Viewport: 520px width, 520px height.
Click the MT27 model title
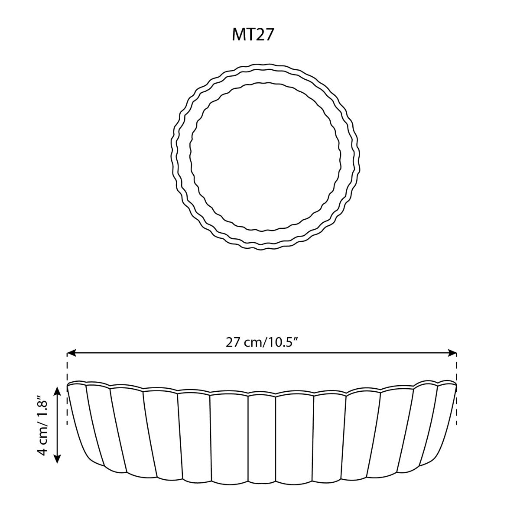(x=253, y=35)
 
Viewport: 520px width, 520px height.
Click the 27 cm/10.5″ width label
(x=262, y=343)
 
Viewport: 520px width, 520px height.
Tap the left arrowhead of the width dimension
(x=71, y=353)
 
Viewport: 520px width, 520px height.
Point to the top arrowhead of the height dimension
(x=57, y=391)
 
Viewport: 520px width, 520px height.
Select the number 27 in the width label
(x=233, y=343)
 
